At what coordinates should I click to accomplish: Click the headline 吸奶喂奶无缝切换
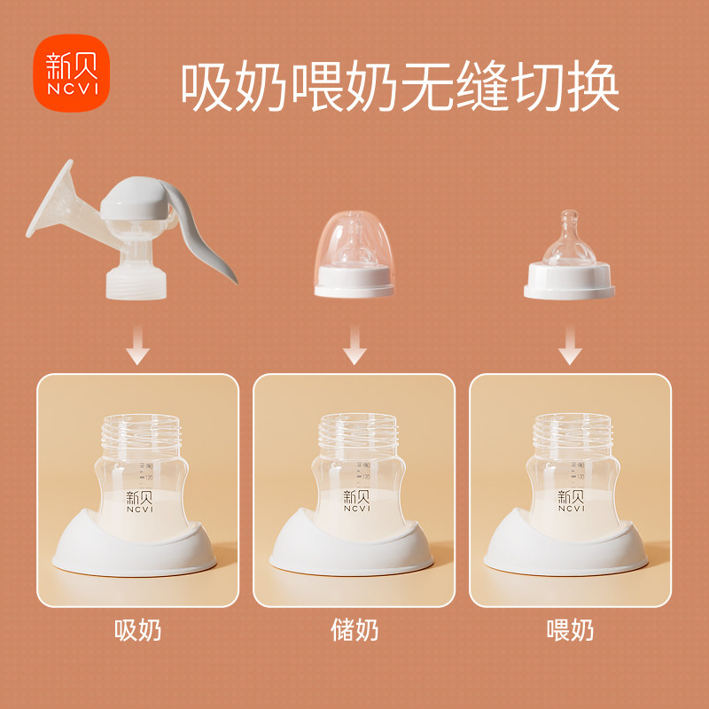(400, 86)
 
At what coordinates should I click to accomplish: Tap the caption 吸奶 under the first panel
(138, 630)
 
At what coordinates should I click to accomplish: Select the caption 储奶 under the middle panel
(354, 630)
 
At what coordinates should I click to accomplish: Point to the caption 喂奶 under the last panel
(570, 630)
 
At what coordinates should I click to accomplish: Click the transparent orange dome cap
(353, 244)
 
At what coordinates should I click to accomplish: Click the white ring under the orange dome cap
(354, 282)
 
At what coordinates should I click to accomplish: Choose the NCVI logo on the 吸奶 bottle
(138, 502)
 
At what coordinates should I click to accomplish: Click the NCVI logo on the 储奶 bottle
(354, 502)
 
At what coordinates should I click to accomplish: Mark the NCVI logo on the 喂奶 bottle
(570, 502)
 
